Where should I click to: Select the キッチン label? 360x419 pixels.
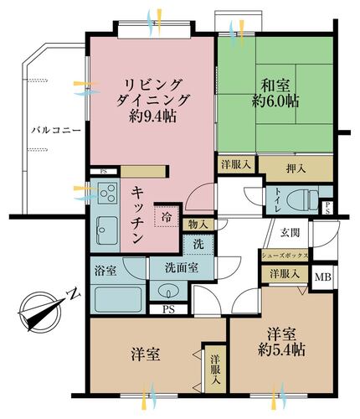(136, 215)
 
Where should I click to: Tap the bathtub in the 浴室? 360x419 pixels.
(116, 300)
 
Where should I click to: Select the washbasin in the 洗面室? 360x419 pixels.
(167, 293)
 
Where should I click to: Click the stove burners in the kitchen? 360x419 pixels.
(107, 196)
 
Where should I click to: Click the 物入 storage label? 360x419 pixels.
(198, 224)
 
